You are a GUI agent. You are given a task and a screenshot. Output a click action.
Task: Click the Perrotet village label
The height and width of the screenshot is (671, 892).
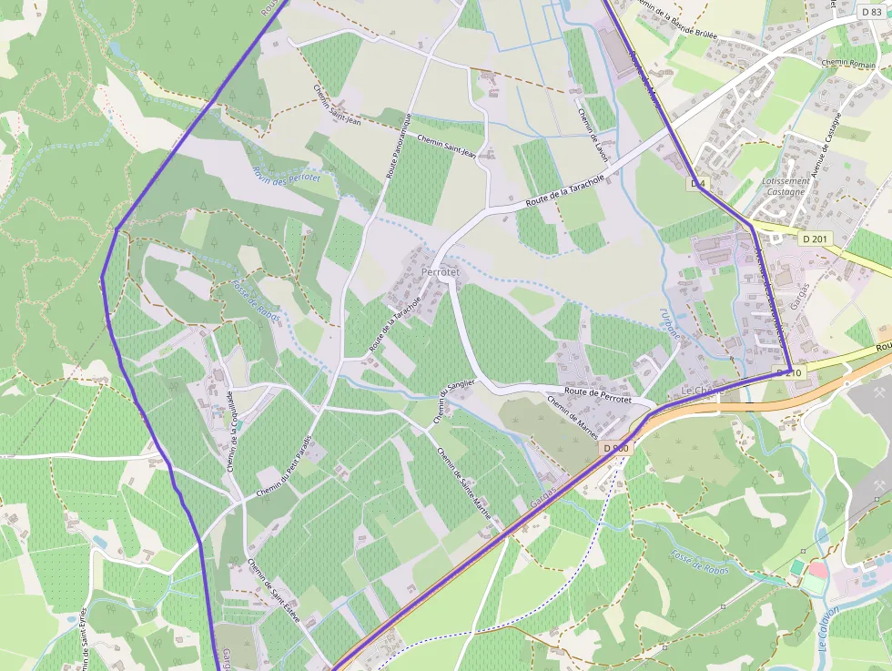tap(441, 272)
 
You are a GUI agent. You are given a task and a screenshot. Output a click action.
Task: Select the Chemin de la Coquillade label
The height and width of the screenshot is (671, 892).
tap(230, 432)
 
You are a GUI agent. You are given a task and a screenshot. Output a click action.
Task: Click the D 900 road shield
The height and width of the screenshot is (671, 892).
tap(616, 448)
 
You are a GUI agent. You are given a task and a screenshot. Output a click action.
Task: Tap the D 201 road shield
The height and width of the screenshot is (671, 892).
tap(816, 239)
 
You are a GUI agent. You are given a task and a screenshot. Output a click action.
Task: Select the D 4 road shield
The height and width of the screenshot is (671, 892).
tap(698, 184)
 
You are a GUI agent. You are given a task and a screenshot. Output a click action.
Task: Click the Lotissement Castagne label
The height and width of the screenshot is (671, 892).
tap(785, 187)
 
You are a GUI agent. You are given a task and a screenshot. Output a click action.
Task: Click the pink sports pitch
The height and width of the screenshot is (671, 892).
tap(817, 570)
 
